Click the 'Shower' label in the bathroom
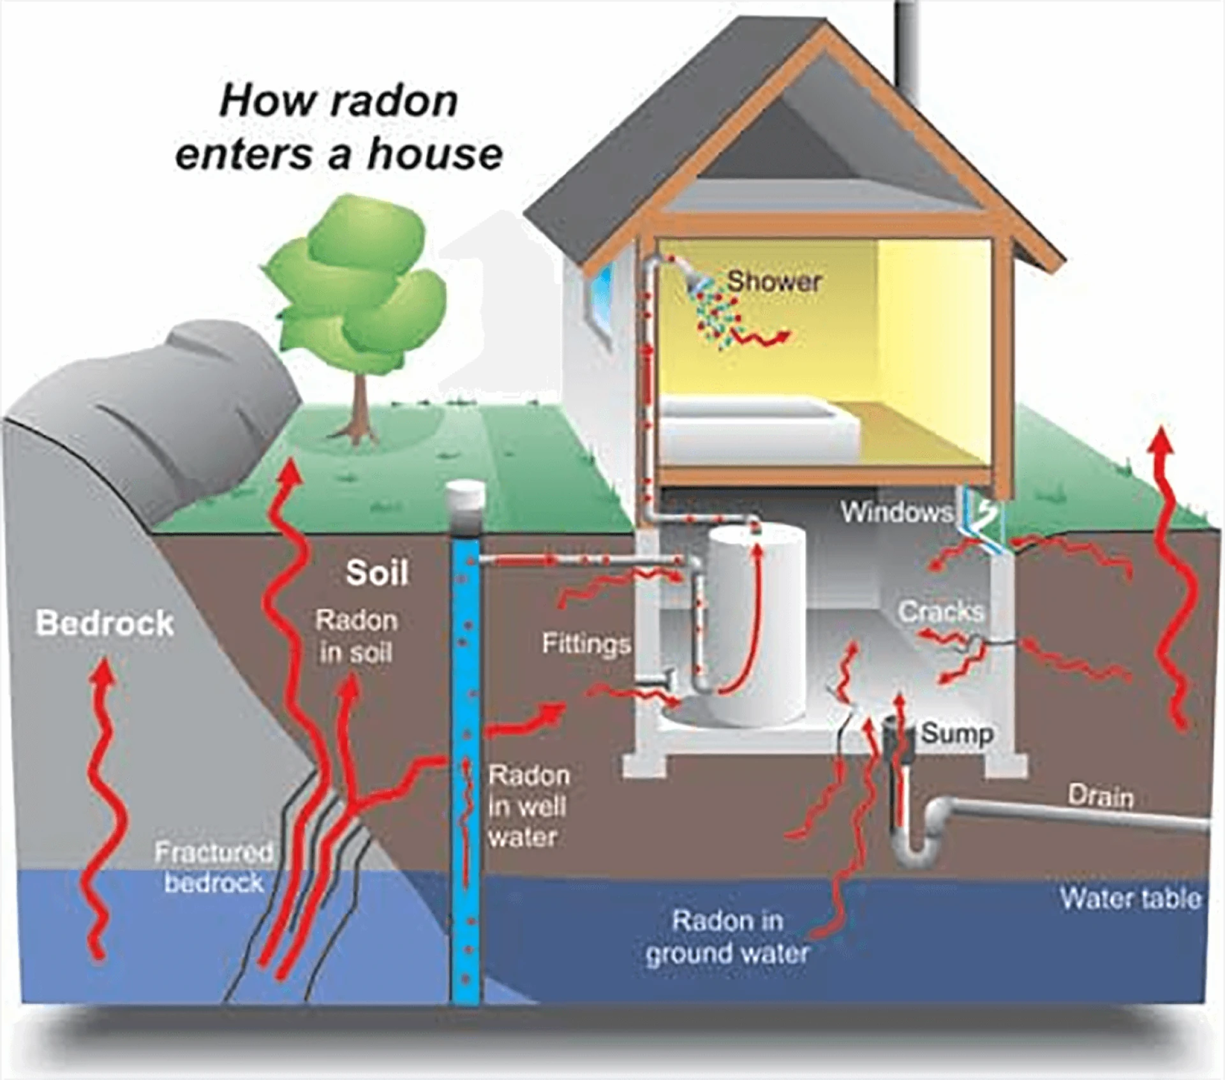(773, 281)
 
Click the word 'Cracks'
(941, 612)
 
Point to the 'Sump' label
(957, 734)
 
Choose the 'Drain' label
(1101, 797)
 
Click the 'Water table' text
(1130, 898)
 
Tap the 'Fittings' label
(586, 644)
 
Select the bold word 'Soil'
(376, 573)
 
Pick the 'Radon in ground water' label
(727, 937)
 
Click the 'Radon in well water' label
(528, 806)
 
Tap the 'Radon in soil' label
(356, 636)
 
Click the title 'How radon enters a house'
(339, 128)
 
